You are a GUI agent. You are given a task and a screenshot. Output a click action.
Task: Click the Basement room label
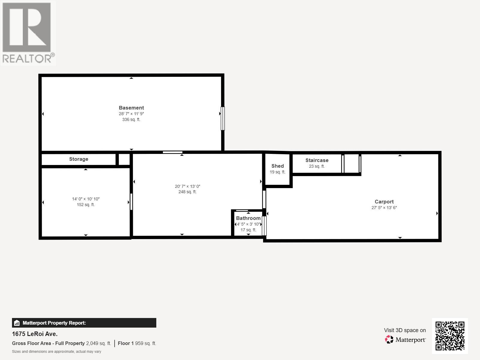point(131,108)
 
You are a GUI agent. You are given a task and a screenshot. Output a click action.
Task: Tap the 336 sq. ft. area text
point(131,119)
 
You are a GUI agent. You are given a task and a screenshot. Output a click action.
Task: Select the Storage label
point(79,159)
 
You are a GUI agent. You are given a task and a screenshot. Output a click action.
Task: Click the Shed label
point(277,166)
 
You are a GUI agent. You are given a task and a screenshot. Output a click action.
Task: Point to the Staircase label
point(317,160)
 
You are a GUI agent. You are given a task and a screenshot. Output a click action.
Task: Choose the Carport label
point(384,202)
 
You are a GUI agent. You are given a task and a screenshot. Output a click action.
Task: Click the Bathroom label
point(248,218)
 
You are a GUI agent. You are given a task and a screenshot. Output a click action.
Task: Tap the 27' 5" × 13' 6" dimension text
point(384,208)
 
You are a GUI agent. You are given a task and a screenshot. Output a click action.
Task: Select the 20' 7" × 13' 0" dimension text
point(187,186)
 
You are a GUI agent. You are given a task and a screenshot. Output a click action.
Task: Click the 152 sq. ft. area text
point(85,205)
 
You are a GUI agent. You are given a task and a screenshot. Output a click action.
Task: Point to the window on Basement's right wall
point(223,118)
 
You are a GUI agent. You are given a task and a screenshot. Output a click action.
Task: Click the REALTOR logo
point(28,32)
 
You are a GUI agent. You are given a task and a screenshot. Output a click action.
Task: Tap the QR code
point(450,336)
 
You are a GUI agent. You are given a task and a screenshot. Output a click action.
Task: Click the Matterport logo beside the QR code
point(405,340)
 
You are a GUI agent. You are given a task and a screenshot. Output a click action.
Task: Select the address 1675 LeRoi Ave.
point(35,334)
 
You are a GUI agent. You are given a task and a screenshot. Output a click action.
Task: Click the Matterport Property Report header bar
point(84,323)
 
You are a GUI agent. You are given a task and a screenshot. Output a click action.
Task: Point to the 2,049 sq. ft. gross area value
point(98,343)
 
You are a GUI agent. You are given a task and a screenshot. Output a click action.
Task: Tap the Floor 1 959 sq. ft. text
point(137,343)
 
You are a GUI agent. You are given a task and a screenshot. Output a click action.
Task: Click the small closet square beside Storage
point(124,159)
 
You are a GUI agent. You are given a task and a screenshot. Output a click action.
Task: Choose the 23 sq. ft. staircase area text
point(317,166)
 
